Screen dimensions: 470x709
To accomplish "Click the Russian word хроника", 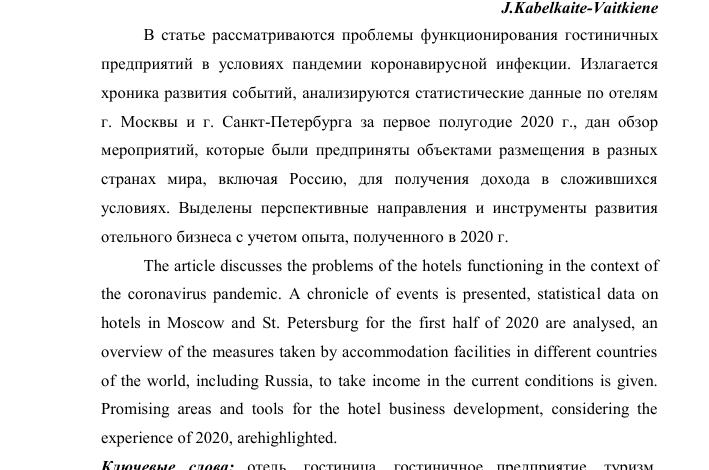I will pyautogui.click(x=131, y=93).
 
